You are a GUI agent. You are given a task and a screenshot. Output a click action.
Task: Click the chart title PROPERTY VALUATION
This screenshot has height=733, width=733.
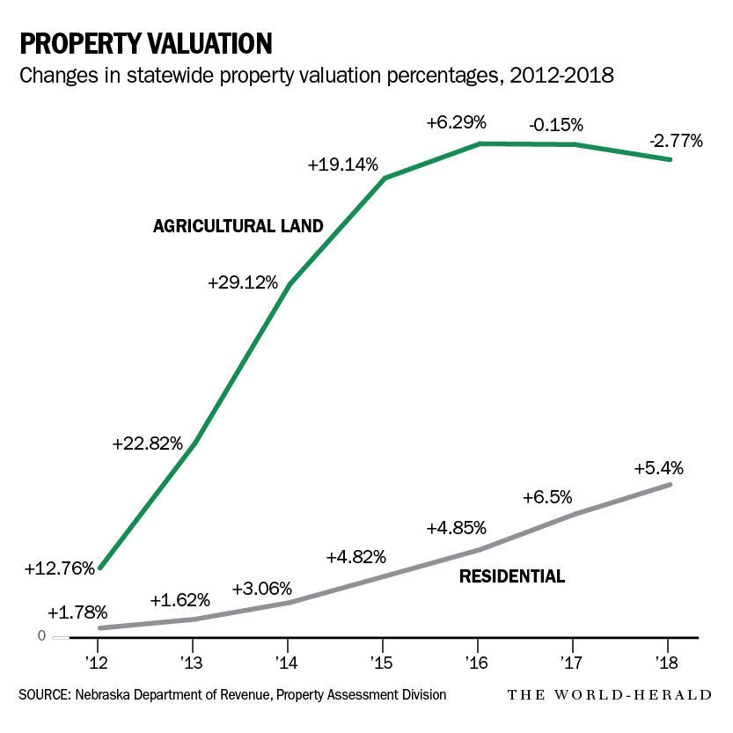(145, 43)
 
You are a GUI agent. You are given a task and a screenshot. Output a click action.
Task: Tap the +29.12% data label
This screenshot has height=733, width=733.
(243, 283)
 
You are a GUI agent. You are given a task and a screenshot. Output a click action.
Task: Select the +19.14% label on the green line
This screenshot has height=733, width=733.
(343, 164)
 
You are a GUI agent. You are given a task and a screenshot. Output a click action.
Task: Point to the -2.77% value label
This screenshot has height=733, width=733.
(676, 140)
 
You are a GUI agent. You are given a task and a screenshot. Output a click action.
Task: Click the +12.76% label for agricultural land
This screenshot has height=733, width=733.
(59, 568)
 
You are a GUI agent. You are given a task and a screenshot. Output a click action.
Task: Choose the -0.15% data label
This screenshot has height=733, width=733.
(556, 124)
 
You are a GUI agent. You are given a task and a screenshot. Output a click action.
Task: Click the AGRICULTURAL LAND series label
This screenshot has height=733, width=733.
(238, 226)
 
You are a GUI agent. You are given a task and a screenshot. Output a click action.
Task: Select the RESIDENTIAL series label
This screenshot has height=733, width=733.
(511, 577)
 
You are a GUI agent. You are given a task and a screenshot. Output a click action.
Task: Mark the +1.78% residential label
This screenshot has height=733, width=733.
(77, 612)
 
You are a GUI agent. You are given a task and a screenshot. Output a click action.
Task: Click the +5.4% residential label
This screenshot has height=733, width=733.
(658, 467)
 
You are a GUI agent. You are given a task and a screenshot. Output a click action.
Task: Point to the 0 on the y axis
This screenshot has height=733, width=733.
(41, 636)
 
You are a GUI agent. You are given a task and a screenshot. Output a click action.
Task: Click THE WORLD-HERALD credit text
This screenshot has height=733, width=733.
(609, 695)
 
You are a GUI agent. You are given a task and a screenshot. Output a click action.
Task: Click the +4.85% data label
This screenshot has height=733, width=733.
(456, 529)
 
